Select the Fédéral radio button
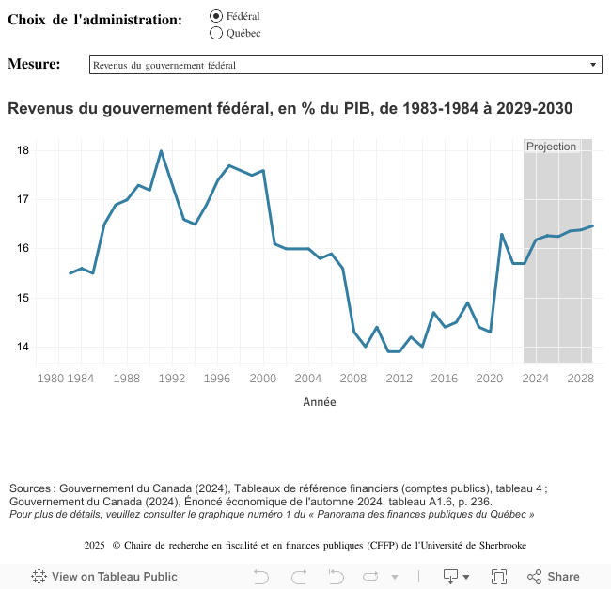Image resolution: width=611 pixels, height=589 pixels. tap(216, 16)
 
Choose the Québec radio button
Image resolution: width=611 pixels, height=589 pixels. tap(216, 33)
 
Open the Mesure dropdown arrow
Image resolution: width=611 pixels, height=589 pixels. tap(593, 65)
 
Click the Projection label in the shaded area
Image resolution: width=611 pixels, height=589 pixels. tap(551, 147)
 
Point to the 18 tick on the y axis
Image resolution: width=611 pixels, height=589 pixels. tap(23, 150)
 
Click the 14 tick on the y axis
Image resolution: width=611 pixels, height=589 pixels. tap(23, 347)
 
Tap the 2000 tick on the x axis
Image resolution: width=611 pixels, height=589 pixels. tap(263, 379)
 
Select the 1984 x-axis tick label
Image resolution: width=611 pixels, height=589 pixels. tap(81, 379)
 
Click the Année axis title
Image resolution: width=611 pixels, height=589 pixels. tap(320, 402)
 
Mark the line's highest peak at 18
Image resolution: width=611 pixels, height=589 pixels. tap(161, 150)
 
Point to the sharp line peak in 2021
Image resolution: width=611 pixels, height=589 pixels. tap(502, 234)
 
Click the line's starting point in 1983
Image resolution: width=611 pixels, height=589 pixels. tap(70, 273)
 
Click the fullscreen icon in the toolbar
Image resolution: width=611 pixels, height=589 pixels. tap(499, 576)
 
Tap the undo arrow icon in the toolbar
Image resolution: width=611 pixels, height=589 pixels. tap(261, 576)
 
